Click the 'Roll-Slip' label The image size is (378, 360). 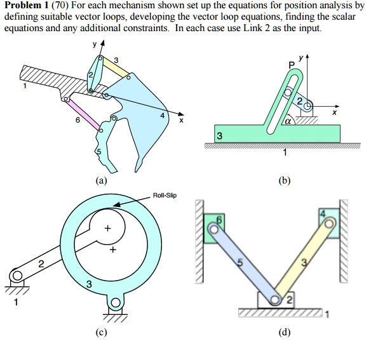(165, 196)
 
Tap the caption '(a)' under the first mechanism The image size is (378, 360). (101, 181)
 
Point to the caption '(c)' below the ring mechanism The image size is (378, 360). (102, 331)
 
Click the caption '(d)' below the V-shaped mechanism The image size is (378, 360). (280, 331)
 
